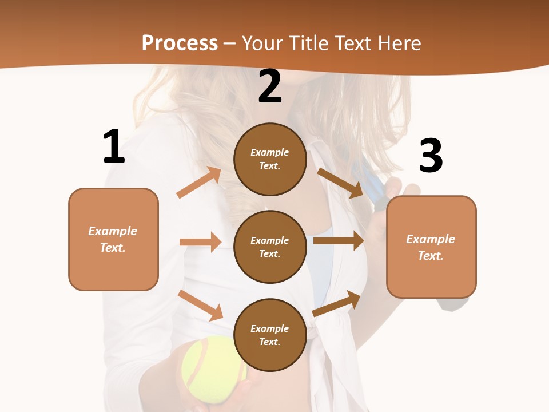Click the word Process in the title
pos(180,43)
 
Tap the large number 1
pos(114,147)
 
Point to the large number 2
pos(270,87)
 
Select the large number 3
pos(431,156)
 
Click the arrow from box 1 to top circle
pos(199,183)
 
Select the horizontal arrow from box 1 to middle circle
pos(200,242)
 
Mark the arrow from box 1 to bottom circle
pos(200,304)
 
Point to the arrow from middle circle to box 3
pos(339,241)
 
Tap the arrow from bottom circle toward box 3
pos(337,303)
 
